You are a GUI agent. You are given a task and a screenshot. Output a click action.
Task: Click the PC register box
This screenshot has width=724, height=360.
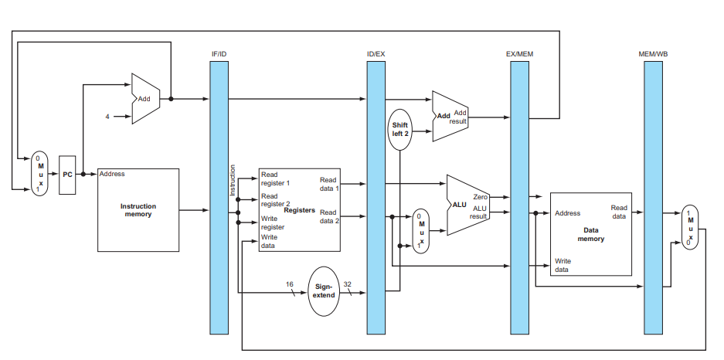(67, 174)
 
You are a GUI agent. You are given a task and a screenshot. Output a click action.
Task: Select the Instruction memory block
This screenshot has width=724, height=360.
(138, 210)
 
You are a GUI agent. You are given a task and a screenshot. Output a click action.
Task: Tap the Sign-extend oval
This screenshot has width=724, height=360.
(324, 290)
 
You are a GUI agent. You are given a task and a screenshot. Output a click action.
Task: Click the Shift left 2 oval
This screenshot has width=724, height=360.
(399, 128)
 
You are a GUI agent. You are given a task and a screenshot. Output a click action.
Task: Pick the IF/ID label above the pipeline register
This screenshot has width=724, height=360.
(219, 53)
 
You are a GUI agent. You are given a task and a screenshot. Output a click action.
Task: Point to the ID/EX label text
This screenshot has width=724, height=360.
(376, 53)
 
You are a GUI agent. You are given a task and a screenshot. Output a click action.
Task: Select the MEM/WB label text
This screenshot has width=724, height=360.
(652, 53)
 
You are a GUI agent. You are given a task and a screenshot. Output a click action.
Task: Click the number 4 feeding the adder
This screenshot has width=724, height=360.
(107, 117)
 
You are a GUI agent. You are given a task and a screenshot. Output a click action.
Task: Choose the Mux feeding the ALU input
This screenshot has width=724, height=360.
(421, 230)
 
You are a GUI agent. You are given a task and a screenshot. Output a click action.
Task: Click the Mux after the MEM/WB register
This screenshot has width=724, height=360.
(690, 226)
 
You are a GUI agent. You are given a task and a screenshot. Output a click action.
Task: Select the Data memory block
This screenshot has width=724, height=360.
(590, 234)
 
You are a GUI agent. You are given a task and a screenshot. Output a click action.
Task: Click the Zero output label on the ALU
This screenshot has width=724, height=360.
(480, 198)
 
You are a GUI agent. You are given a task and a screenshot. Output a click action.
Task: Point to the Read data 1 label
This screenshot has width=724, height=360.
(329, 185)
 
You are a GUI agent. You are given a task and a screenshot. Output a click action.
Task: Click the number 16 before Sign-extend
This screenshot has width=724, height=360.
(290, 284)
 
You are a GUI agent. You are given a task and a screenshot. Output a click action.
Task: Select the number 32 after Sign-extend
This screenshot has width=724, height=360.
(347, 284)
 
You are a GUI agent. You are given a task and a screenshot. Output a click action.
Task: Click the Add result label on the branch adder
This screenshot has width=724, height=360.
(460, 117)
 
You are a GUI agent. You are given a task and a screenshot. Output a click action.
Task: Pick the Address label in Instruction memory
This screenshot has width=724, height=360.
(112, 174)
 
